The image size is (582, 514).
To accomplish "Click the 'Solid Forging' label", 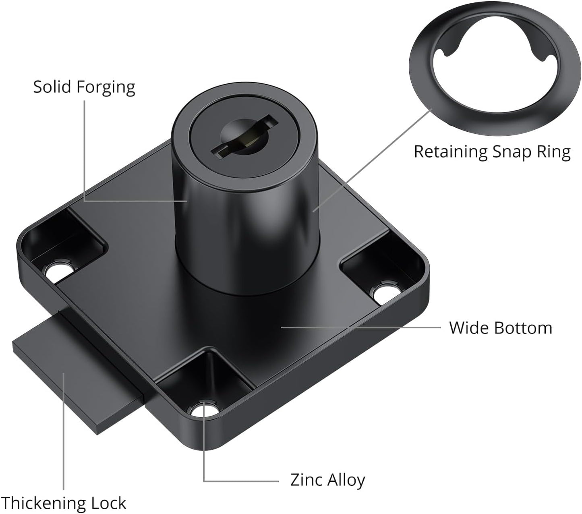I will [x=84, y=87].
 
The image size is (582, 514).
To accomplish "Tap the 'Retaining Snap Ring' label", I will [x=492, y=152].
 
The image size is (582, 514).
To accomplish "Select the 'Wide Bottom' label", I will [x=500, y=328].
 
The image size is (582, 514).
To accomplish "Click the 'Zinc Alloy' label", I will [x=327, y=480].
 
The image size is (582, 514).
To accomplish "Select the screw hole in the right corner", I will [x=384, y=294].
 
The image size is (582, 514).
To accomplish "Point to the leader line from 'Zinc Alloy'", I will [x=242, y=481].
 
